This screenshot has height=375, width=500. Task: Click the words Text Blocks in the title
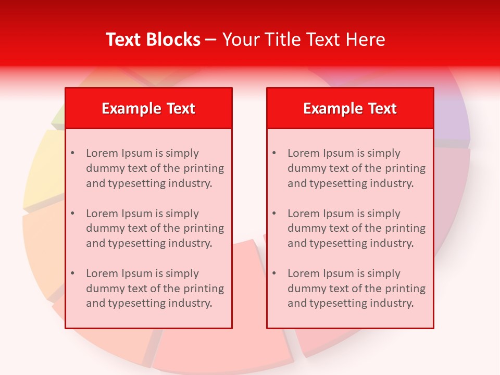(153, 40)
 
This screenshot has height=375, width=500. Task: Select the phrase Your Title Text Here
(304, 40)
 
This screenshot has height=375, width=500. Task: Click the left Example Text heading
(148, 108)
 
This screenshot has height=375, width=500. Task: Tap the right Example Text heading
(350, 108)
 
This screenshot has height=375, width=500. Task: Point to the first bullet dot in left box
(73, 153)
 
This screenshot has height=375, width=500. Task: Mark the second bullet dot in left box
(73, 214)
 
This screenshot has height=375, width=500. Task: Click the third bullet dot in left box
(73, 273)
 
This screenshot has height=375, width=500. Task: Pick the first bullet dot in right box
(274, 153)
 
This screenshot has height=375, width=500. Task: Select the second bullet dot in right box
(274, 214)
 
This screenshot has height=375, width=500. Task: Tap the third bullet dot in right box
(274, 273)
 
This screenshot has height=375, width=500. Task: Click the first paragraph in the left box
(155, 168)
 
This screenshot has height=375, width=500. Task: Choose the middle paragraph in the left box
(155, 228)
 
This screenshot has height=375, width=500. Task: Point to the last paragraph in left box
(155, 289)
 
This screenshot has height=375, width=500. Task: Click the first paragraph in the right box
(356, 168)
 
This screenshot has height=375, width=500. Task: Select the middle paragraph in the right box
(356, 228)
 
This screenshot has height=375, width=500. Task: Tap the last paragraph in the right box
(356, 289)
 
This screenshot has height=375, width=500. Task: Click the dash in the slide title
(211, 40)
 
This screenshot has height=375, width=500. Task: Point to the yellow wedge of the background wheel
(44, 167)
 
